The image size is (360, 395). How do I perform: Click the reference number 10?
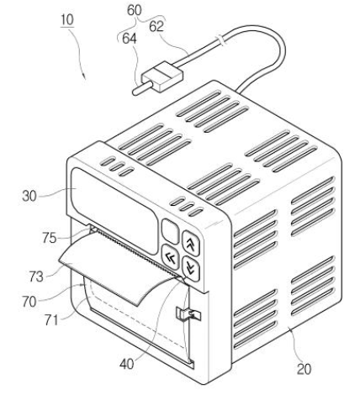(67, 20)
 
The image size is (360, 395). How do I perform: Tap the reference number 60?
(135, 10)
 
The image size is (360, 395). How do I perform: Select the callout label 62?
(156, 27)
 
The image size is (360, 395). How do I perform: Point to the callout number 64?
(130, 39)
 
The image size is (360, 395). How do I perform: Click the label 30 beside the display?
(29, 196)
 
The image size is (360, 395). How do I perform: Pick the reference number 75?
(50, 238)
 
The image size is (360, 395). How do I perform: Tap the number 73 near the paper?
(36, 276)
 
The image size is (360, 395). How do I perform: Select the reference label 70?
(29, 302)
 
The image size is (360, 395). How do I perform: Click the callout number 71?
(51, 320)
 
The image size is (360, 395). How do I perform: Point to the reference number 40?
(127, 364)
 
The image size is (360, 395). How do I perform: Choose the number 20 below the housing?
(304, 369)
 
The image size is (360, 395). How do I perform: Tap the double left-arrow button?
(171, 257)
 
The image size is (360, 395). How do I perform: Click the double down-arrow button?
(191, 268)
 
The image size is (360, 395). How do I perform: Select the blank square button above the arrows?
(170, 231)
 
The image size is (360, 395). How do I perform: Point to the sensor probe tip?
(135, 92)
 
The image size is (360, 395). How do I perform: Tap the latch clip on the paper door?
(188, 314)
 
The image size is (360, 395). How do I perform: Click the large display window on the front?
(114, 211)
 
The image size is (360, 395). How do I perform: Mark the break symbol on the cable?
(220, 39)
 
